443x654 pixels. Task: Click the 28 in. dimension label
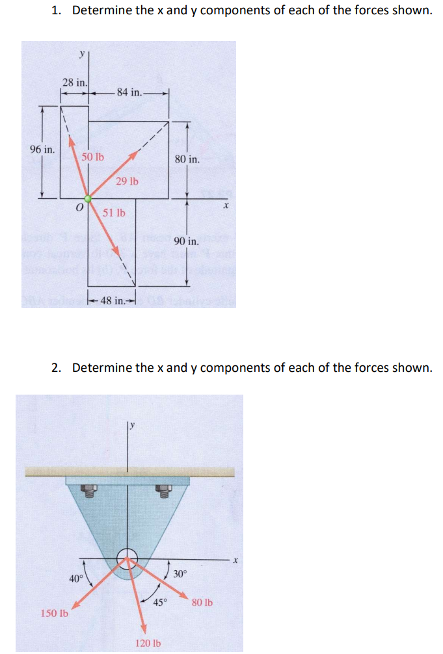[74, 82]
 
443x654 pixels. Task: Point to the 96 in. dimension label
[42, 149]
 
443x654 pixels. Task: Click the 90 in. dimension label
[187, 241]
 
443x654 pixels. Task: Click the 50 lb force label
[92, 157]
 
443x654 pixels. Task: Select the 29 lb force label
[127, 181]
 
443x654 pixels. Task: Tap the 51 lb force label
[114, 213]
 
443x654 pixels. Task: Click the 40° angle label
[76, 578]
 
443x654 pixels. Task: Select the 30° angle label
[180, 573]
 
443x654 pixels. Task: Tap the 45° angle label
[161, 601]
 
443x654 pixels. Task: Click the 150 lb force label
[55, 613]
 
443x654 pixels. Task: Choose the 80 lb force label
[202, 603]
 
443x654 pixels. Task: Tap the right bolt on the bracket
[167, 491]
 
